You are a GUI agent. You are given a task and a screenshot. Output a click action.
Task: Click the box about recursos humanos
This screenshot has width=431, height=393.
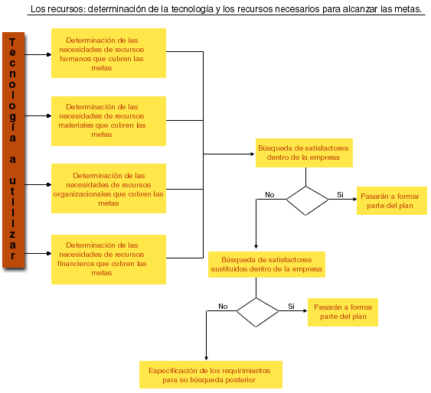tap(109, 53)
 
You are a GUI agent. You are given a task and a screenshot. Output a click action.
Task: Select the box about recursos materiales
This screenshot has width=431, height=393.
tap(109, 121)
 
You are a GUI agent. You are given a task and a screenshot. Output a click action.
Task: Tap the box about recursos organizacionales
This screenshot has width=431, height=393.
tap(109, 189)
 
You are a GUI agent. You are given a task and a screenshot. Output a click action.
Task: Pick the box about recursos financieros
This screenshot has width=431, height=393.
tap(109, 259)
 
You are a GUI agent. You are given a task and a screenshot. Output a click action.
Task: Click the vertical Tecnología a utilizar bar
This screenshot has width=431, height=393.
tap(14, 150)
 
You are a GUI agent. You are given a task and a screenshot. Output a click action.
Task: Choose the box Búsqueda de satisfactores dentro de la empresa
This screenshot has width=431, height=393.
tap(304, 153)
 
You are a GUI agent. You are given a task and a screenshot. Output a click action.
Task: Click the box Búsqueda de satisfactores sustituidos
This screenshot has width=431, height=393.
tap(266, 265)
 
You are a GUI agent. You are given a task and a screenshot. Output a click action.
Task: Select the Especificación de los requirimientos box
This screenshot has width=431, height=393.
tap(211, 375)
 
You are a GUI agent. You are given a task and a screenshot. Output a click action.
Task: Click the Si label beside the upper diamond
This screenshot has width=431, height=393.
tap(341, 194)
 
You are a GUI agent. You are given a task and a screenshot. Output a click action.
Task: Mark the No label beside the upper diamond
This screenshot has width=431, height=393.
tap(269, 194)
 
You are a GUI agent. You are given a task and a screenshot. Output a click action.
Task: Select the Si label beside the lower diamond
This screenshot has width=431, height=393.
tap(291, 306)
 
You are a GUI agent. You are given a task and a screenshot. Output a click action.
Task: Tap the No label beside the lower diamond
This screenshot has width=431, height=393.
tap(223, 307)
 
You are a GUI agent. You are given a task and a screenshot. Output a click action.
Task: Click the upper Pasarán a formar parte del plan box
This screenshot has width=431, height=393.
tap(392, 200)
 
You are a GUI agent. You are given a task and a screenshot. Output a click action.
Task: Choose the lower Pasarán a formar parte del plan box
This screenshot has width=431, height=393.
tap(343, 312)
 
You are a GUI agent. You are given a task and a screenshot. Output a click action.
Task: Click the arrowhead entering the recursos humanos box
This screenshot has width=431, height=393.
tap(49, 54)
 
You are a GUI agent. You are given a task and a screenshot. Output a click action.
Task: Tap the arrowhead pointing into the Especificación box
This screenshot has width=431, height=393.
tap(206, 358)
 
